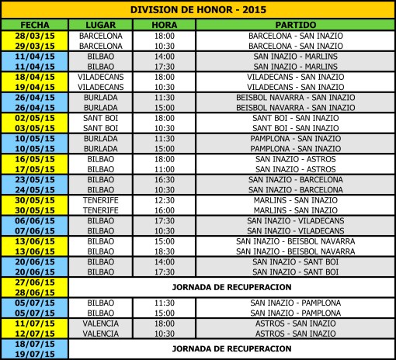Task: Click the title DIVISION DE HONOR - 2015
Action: tap(197, 10)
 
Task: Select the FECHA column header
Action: tap(35, 25)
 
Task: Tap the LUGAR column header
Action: tap(102, 25)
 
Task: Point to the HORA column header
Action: tap(164, 25)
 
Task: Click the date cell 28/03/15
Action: tap(35, 36)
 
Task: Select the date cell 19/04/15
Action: tap(35, 87)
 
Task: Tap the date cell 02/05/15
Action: tap(35, 118)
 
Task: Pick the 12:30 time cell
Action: tap(164, 199)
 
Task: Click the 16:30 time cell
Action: tap(164, 178)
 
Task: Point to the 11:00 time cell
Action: tap(164, 168)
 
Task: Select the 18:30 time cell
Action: tap(164, 251)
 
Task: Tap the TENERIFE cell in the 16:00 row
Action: tap(102, 209)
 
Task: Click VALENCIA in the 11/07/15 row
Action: tap(102, 322)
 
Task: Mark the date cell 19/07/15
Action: tap(35, 352)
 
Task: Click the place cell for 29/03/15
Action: tap(102, 46)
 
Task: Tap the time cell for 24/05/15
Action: tap(164, 189)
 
